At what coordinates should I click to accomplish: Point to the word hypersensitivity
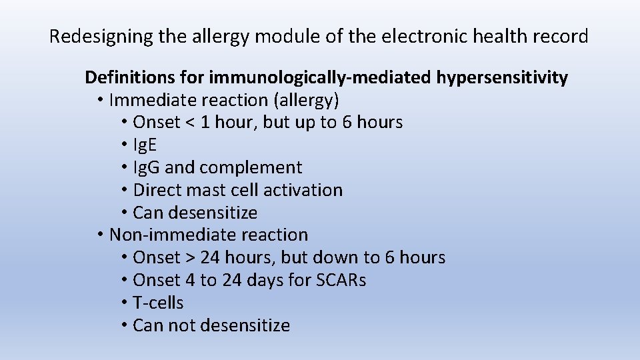click(502, 78)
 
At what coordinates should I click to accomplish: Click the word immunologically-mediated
click(320, 78)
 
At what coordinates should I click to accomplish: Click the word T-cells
click(158, 303)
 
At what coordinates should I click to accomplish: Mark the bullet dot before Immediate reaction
click(99, 101)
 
